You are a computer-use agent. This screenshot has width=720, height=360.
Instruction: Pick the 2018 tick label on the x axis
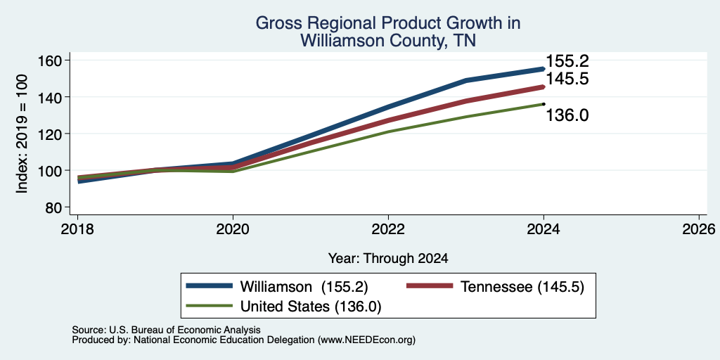click(77, 229)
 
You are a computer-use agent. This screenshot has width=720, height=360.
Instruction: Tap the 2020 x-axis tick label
click(233, 229)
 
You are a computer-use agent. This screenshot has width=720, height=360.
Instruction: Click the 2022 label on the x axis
click(388, 229)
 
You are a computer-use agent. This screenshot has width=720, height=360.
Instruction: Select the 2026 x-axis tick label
click(699, 229)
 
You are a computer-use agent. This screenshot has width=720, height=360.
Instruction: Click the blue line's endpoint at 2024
click(544, 69)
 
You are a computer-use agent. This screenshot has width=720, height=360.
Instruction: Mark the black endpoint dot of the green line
click(544, 104)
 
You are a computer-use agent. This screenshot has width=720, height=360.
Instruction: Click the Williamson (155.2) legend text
click(304, 287)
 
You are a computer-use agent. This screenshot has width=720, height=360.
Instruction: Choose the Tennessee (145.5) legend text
click(522, 287)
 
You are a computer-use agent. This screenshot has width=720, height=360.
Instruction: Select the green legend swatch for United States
click(209, 306)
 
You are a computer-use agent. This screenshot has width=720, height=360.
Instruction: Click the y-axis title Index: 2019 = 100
click(22, 134)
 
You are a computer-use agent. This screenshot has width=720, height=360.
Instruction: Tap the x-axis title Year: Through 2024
click(388, 259)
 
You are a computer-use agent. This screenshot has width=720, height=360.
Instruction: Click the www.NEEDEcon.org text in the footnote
click(366, 340)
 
